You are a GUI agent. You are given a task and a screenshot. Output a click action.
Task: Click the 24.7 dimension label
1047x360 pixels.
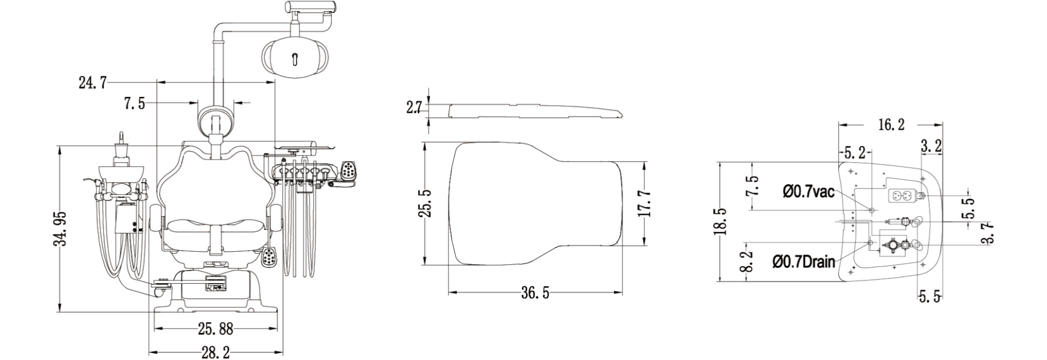[x=93, y=82]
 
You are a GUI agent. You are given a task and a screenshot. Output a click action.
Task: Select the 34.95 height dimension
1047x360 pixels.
[x=62, y=229]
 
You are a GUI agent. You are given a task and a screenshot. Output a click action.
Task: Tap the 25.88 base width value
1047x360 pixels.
[x=215, y=329]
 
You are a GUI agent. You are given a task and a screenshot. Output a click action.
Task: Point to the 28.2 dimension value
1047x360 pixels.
[x=216, y=353]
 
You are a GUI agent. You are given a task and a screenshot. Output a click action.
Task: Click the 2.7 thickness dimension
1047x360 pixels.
[x=414, y=107]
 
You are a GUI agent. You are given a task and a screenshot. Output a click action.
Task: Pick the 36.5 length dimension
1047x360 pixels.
[x=535, y=293]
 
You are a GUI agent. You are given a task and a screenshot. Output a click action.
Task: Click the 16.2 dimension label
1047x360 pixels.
[x=891, y=125]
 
